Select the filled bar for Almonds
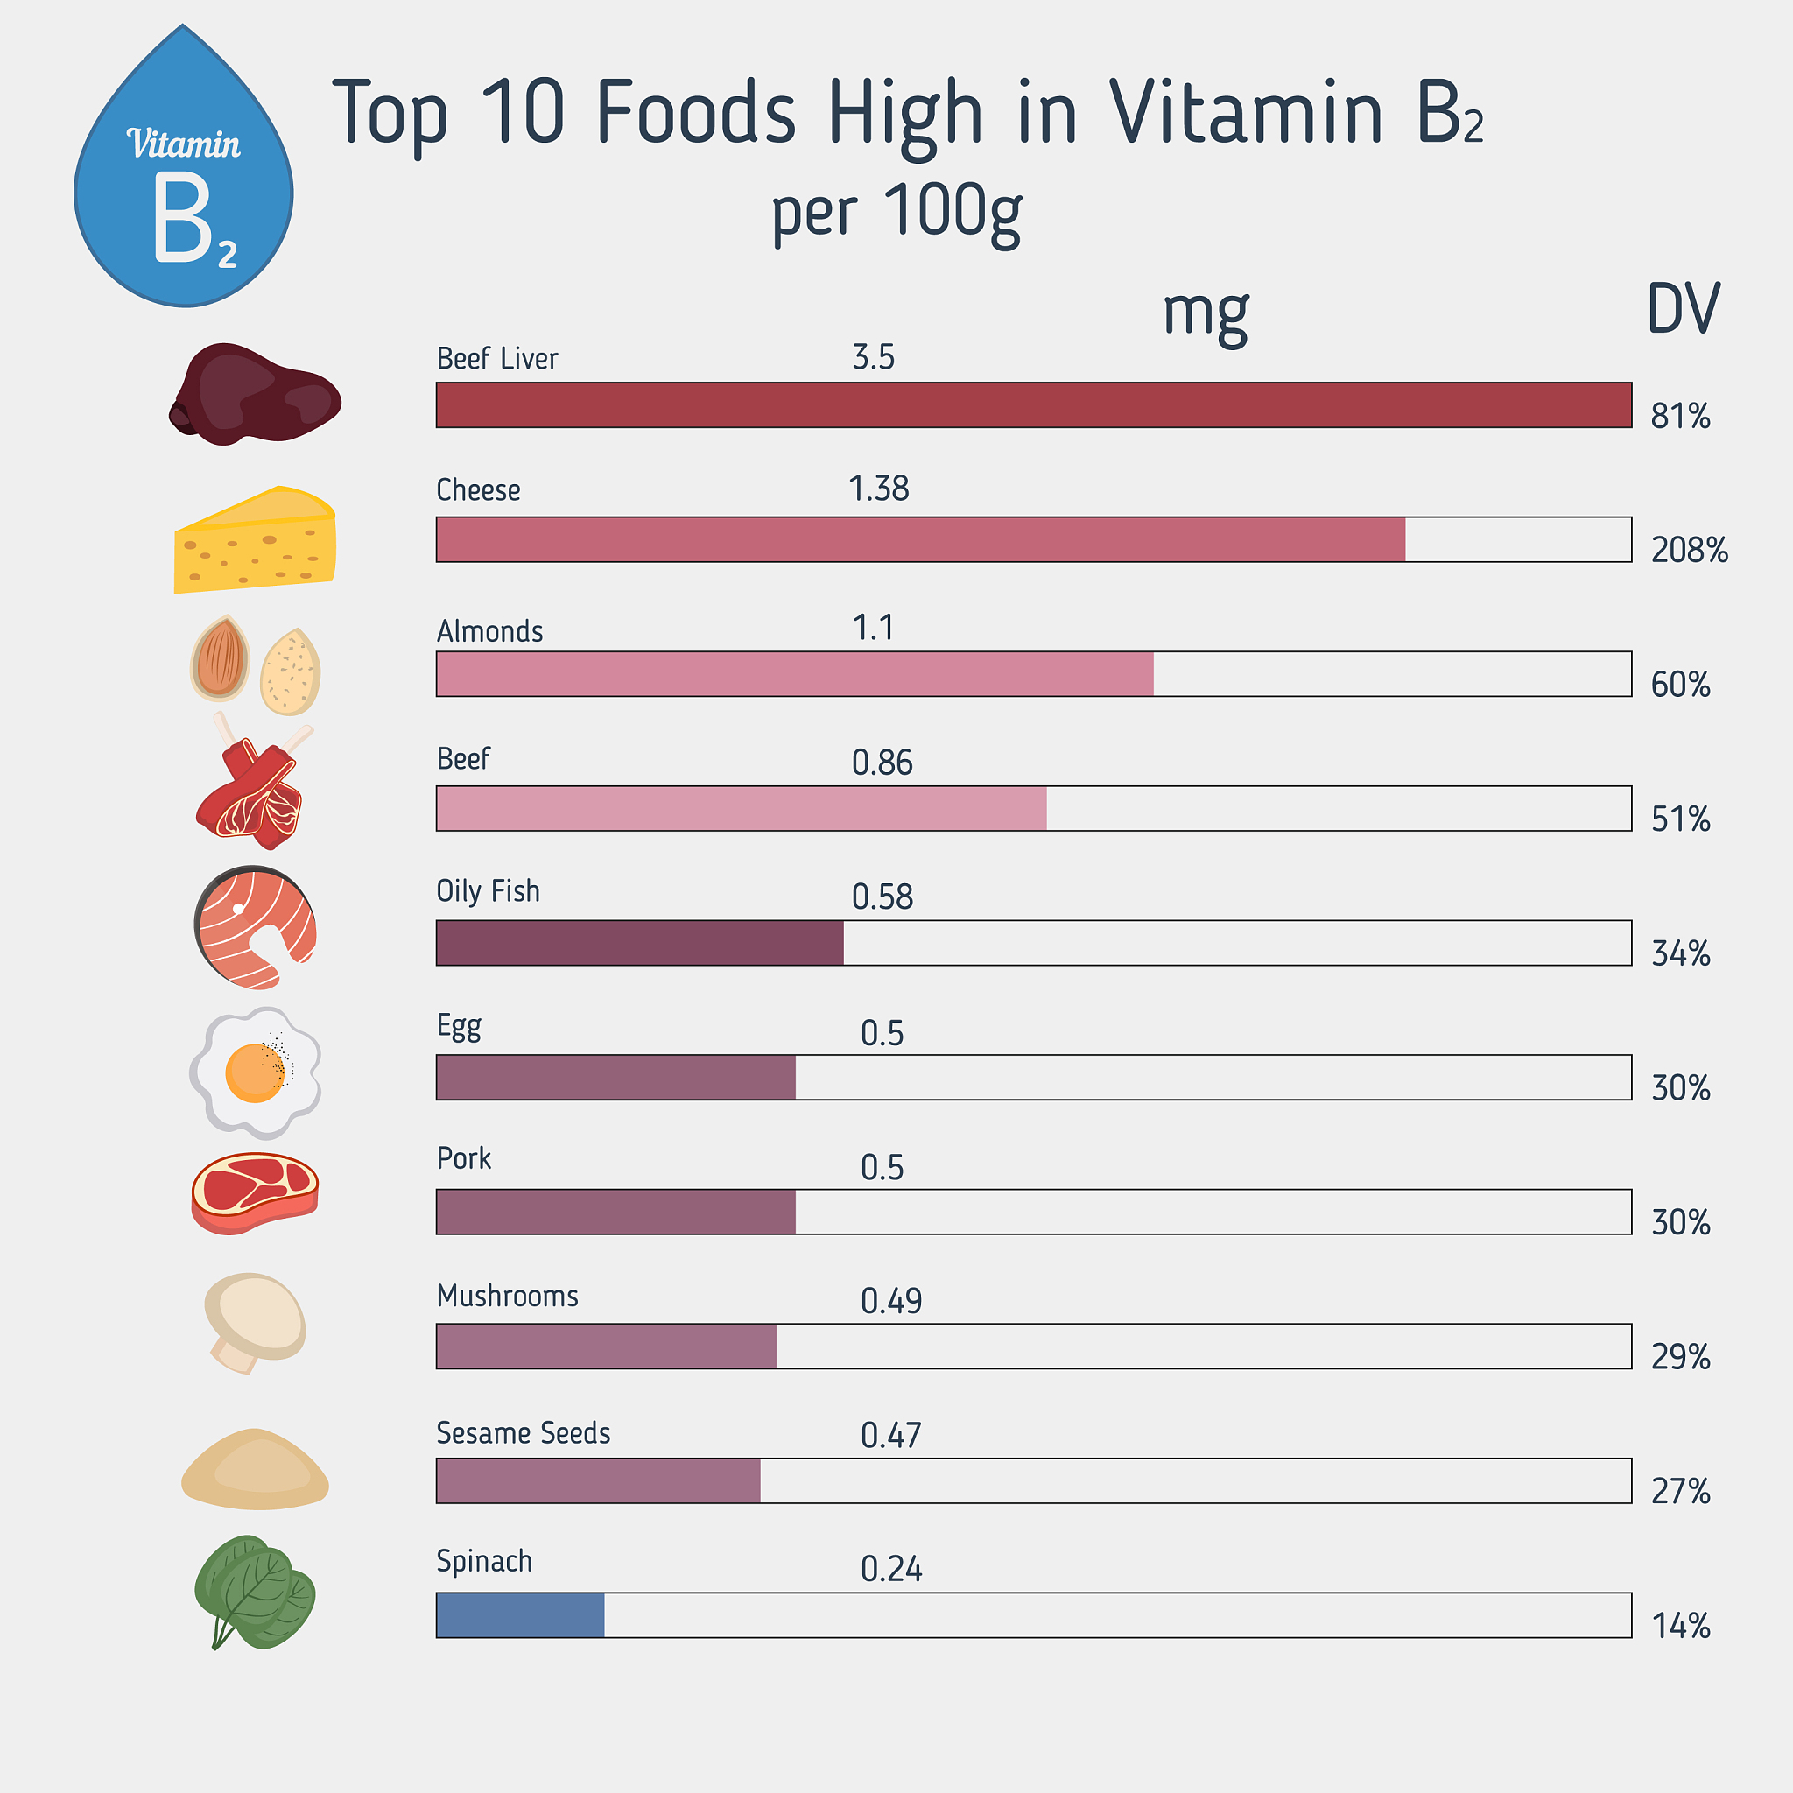click(x=794, y=674)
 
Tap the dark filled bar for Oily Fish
click(x=639, y=943)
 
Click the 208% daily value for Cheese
click(x=1689, y=551)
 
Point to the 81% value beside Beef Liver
click(x=1680, y=416)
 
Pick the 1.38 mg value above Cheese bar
click(x=878, y=489)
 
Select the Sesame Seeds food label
click(x=523, y=1433)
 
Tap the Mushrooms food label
click(x=507, y=1296)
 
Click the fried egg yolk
click(x=253, y=1072)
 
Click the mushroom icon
click(x=254, y=1320)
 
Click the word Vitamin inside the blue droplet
click(x=183, y=144)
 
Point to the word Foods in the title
click(x=695, y=112)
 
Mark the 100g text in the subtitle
click(x=953, y=213)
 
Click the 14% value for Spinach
click(x=1680, y=1626)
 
